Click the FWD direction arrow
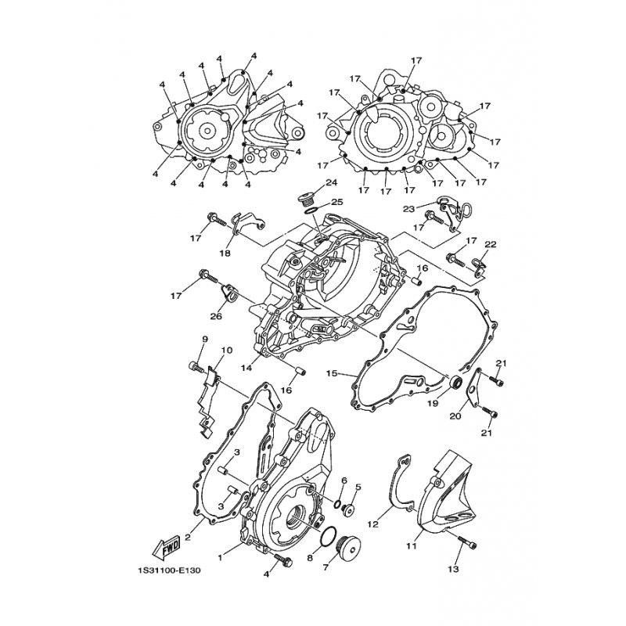[167, 547]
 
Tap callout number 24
[331, 183]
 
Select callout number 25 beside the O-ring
[337, 202]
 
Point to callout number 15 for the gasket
[333, 374]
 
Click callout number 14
[246, 367]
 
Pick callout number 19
[433, 403]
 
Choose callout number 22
[491, 244]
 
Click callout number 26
[216, 317]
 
